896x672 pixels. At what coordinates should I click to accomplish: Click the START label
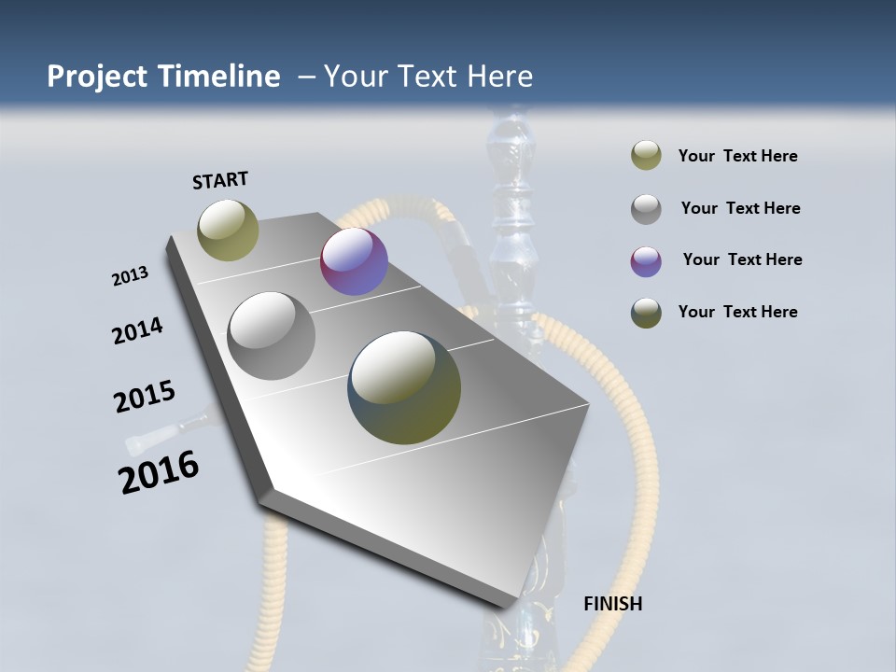tap(220, 180)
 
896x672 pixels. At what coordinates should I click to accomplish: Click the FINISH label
tap(612, 604)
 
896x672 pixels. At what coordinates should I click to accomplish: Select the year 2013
tap(130, 276)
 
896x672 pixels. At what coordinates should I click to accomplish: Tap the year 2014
tap(137, 330)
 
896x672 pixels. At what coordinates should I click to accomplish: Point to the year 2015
tap(145, 397)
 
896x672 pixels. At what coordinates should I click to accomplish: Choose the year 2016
tap(159, 471)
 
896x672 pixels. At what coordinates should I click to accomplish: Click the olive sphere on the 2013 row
tap(229, 230)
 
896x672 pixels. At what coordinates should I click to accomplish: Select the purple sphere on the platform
tap(354, 261)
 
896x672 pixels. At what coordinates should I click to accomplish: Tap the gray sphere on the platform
tap(272, 335)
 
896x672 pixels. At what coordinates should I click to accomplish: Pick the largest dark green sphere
tap(404, 387)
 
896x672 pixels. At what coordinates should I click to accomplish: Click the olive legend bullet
tap(646, 156)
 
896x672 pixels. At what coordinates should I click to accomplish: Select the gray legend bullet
tap(646, 209)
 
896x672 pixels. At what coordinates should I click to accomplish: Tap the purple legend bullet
tap(646, 261)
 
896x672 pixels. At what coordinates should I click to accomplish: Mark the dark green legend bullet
tap(646, 313)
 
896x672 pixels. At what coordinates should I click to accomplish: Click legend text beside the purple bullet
tap(742, 259)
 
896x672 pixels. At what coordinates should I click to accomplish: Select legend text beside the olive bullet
tap(737, 156)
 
